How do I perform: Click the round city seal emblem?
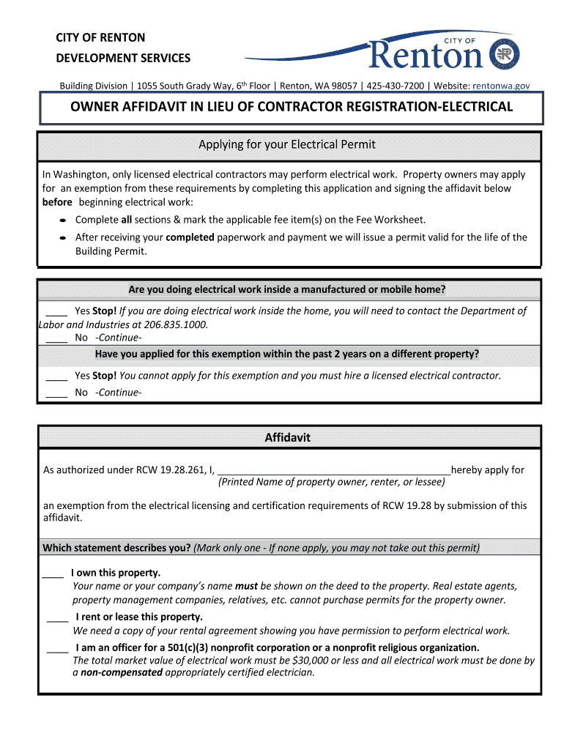click(504, 54)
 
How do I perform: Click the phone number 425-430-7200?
click(395, 86)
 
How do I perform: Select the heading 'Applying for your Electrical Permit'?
click(287, 144)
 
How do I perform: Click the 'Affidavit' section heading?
click(287, 437)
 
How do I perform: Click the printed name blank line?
click(334, 470)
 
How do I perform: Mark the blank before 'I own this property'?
click(53, 573)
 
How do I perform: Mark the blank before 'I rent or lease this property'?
click(57, 617)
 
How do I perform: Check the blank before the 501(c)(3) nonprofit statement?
click(57, 647)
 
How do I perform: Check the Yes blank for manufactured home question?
click(56, 311)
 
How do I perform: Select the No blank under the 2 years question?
click(56, 393)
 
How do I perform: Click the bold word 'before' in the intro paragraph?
click(58, 202)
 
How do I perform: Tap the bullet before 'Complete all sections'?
click(63, 220)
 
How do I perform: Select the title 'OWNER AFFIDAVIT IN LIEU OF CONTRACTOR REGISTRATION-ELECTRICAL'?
click(291, 107)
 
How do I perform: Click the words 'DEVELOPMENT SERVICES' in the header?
click(123, 58)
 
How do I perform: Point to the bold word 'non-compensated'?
click(121, 672)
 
